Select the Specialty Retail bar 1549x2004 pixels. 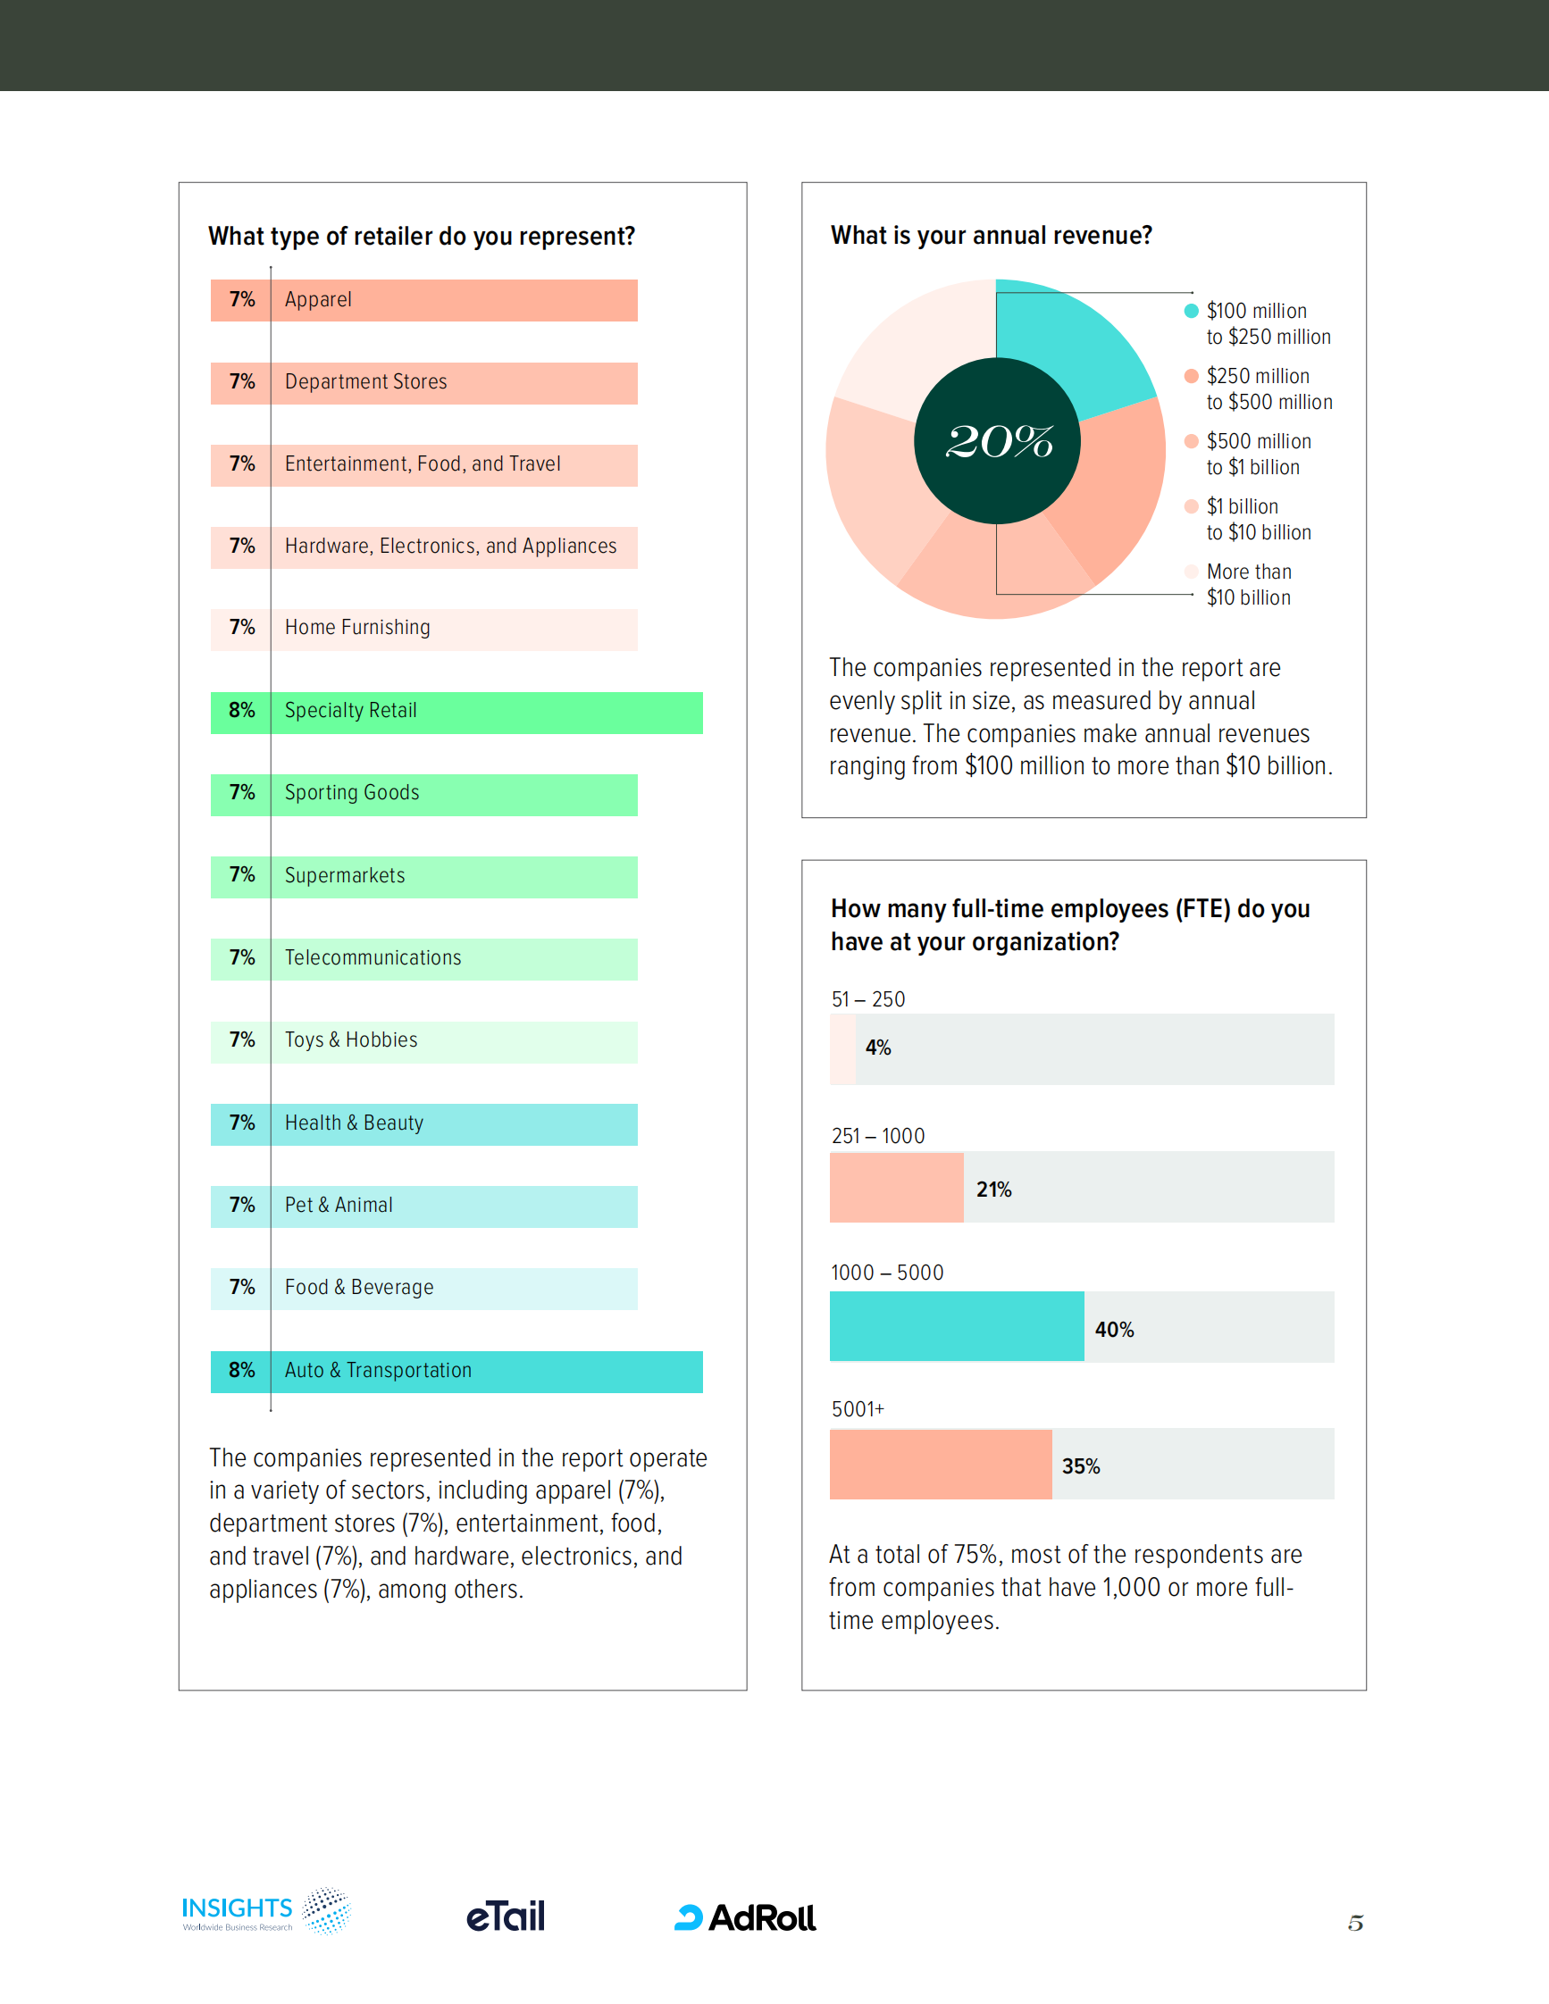point(486,712)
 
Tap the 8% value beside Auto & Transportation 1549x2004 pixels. point(241,1370)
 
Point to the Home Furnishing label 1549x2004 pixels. point(357,628)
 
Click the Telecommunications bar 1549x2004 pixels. point(453,959)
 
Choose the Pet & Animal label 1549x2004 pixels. point(339,1205)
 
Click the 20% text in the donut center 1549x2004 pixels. point(999,441)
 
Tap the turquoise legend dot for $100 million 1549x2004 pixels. point(1191,311)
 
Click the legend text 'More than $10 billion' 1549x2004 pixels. point(1248,584)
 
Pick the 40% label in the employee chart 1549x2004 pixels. point(1114,1330)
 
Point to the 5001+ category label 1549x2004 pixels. point(857,1409)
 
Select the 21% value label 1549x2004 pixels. point(994,1190)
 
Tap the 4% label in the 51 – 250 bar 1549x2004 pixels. point(878,1048)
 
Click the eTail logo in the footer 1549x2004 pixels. point(506,1916)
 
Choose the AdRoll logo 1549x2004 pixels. point(745,1917)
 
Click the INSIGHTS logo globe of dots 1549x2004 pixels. point(327,1910)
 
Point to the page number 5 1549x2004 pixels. point(1355,1923)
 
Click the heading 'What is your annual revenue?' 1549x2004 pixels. point(991,236)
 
